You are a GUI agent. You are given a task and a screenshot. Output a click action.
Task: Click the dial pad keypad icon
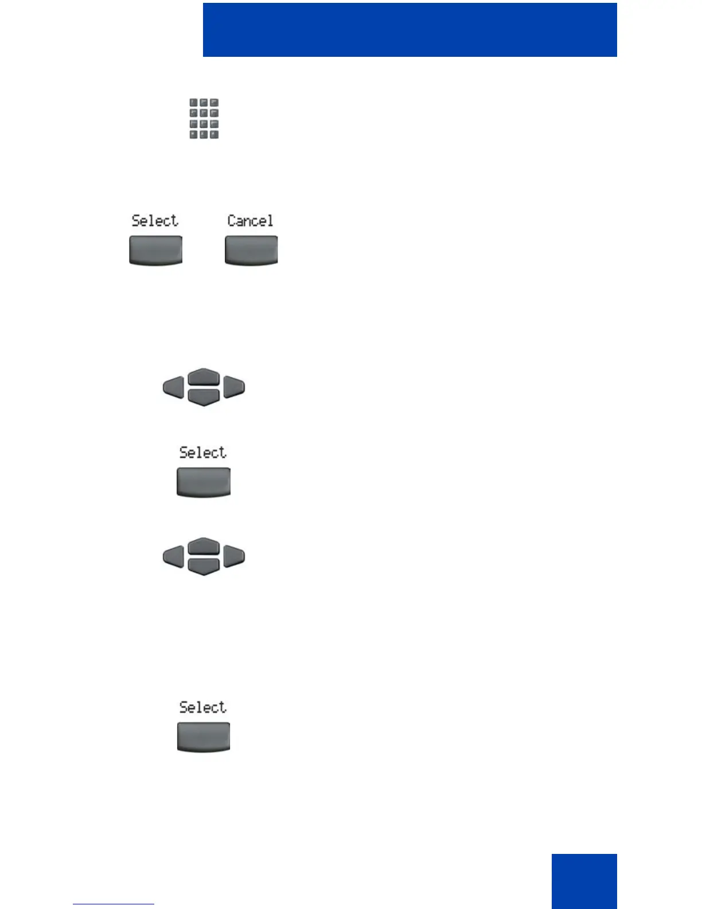pos(204,118)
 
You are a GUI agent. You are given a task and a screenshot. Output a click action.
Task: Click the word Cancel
pos(250,221)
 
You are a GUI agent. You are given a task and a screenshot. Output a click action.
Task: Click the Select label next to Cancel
pos(155,221)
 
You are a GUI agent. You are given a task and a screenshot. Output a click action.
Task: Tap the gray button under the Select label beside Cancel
pos(155,250)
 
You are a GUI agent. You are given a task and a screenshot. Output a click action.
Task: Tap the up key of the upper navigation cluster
pos(204,377)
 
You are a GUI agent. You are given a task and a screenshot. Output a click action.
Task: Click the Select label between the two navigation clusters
pos(203,452)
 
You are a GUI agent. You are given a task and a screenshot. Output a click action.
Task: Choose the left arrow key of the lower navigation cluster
pos(174,557)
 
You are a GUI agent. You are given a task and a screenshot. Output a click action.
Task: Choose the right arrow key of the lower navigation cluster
pos(234,557)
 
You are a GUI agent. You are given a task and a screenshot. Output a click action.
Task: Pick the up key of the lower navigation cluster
pos(204,546)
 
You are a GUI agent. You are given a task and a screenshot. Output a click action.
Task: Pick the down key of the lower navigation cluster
pos(204,566)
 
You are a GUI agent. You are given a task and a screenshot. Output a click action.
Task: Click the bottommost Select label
pos(203,707)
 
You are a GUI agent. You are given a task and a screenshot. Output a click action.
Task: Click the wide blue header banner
pos(409,30)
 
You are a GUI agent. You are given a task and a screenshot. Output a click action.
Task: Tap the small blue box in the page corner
pos(584,881)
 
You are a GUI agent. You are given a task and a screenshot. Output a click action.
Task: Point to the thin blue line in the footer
pos(114,904)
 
